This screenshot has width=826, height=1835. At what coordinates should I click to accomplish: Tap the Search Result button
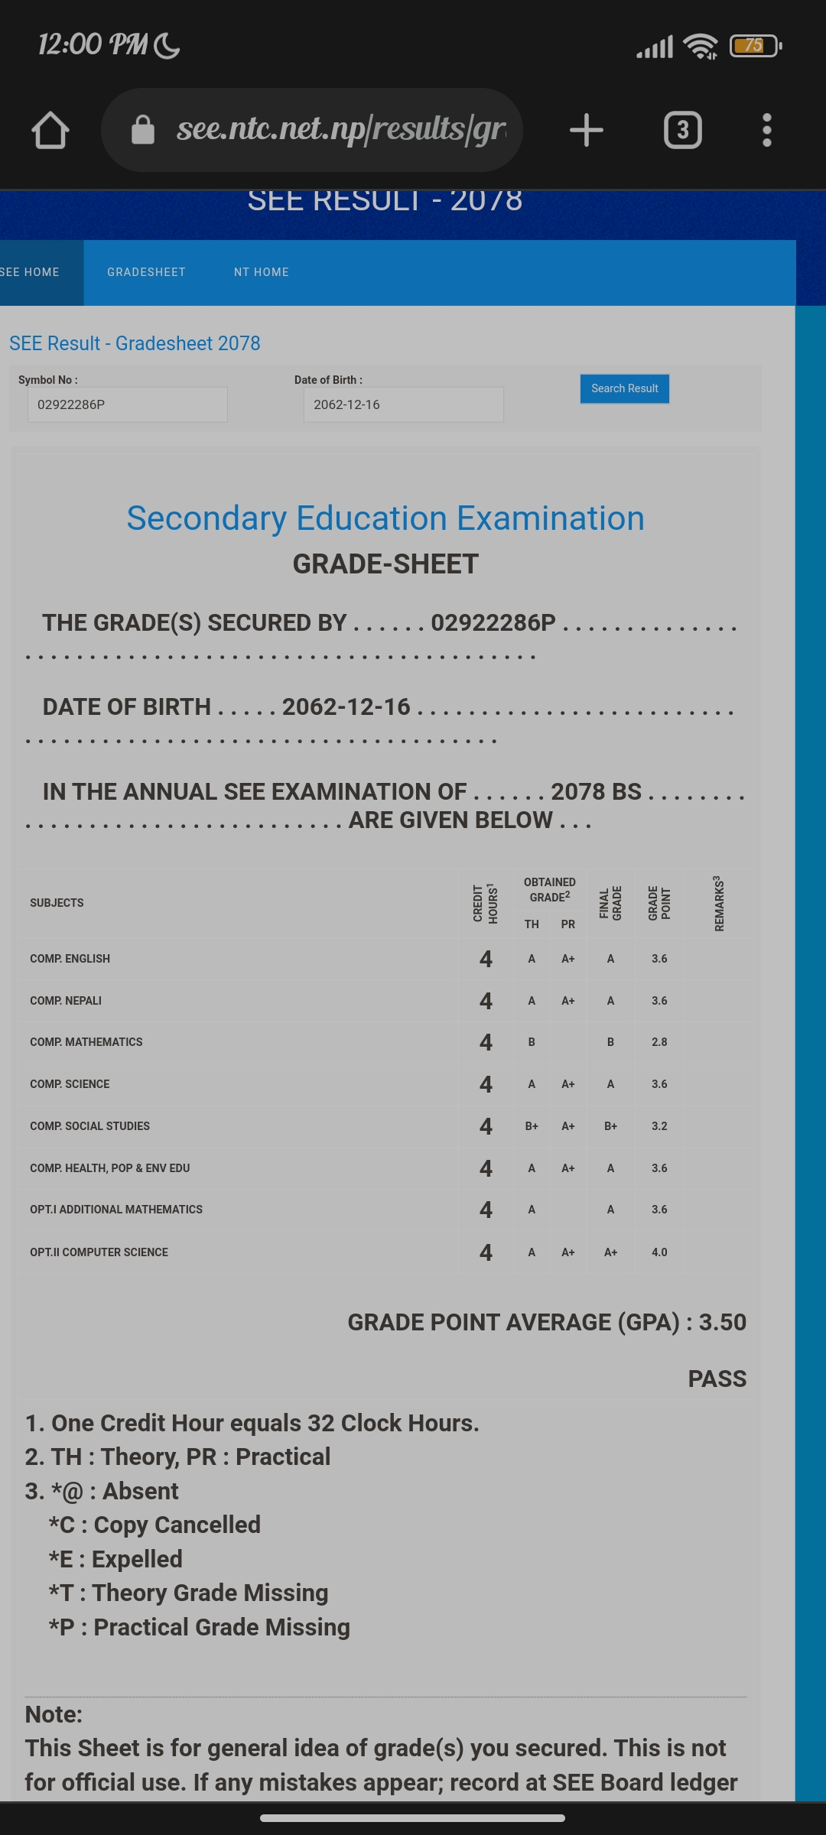pyautogui.click(x=624, y=388)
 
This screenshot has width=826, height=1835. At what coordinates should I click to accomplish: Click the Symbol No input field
pyautogui.click(x=127, y=404)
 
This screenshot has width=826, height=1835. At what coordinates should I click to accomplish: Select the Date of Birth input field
pyautogui.click(x=403, y=404)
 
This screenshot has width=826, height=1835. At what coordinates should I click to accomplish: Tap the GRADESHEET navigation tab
pyautogui.click(x=146, y=272)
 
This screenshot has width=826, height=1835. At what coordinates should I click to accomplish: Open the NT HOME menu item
pyautogui.click(x=262, y=272)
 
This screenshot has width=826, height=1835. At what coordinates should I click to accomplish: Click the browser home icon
pyautogui.click(x=50, y=130)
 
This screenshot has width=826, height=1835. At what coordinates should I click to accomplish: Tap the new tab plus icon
pyautogui.click(x=587, y=130)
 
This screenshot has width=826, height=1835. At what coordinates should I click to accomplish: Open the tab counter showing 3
pyautogui.click(x=682, y=130)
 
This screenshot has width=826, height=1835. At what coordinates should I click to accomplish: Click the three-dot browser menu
pyautogui.click(x=767, y=130)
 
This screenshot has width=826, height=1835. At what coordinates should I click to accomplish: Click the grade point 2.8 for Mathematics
pyautogui.click(x=659, y=1042)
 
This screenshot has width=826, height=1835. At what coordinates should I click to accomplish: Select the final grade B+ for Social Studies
pyautogui.click(x=610, y=1126)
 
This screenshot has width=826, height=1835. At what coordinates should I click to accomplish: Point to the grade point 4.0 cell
pyautogui.click(x=659, y=1252)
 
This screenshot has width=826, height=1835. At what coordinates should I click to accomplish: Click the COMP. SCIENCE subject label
pyautogui.click(x=70, y=1084)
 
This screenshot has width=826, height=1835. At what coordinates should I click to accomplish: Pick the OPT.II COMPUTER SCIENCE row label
pyautogui.click(x=99, y=1252)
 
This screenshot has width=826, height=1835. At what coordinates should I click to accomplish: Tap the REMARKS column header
pyautogui.click(x=718, y=904)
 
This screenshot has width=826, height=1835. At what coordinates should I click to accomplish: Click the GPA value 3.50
pyautogui.click(x=722, y=1322)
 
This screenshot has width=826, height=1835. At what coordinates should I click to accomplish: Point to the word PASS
pyautogui.click(x=717, y=1379)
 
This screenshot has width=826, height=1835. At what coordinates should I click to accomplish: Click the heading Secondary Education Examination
pyautogui.click(x=385, y=518)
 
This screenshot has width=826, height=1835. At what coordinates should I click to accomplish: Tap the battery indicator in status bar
pyautogui.click(x=755, y=46)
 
